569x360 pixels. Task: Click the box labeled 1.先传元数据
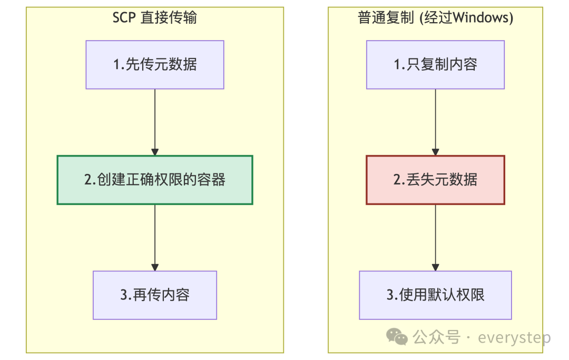155,65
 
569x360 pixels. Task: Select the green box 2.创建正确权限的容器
155,180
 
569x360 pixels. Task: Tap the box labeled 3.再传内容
155,295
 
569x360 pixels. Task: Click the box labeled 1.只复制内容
435,65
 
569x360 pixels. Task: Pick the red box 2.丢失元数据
435,180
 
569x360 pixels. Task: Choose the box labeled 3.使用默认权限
435,295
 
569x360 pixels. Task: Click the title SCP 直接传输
155,18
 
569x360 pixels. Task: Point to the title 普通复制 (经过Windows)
435,18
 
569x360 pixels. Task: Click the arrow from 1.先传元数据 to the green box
155,121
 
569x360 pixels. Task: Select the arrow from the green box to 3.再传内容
155,237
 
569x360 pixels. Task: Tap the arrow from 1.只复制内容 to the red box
435,121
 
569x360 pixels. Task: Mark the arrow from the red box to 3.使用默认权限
435,237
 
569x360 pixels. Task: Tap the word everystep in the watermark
514,337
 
